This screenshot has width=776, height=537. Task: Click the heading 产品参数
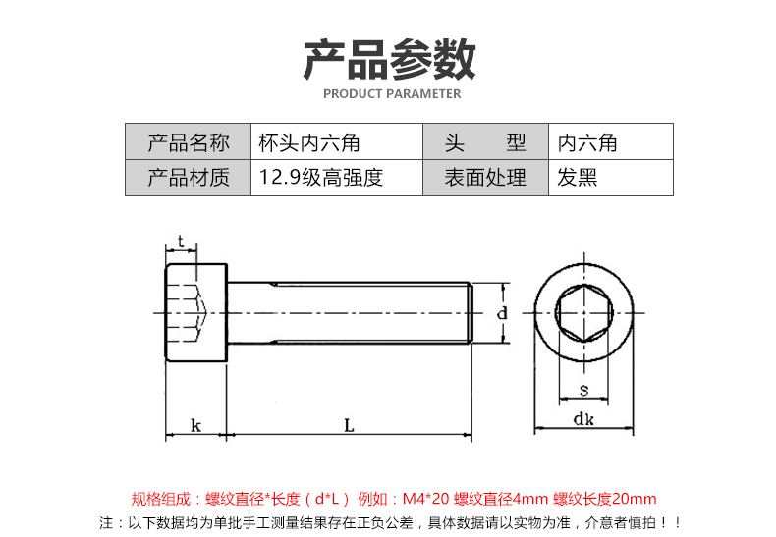point(389,59)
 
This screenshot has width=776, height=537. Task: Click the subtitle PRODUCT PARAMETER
point(391,94)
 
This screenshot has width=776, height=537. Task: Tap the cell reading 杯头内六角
point(309,142)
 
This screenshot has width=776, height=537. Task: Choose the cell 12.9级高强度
point(320,178)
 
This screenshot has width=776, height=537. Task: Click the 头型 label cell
point(485,142)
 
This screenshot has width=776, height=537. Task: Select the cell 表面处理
point(485,178)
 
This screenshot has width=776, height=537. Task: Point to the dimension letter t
point(182,242)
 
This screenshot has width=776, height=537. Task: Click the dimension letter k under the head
point(196,425)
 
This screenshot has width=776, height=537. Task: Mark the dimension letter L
point(349,425)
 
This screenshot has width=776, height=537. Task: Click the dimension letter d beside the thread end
point(501,313)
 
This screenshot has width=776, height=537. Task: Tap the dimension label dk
point(585,420)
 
